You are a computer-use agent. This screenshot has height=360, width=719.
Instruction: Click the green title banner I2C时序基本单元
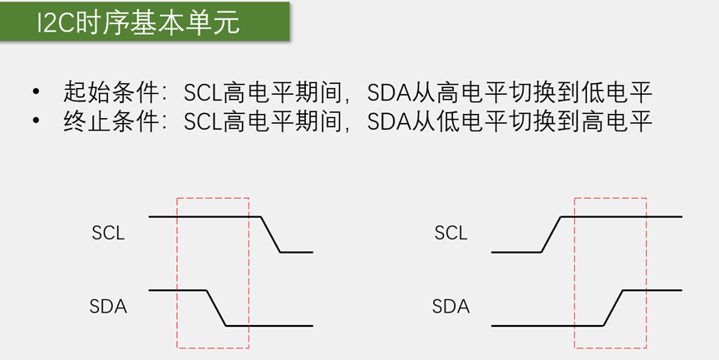pos(145,22)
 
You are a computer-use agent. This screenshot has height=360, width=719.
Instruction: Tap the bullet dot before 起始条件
pos(36,91)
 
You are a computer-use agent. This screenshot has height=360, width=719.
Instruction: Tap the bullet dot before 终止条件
pos(36,122)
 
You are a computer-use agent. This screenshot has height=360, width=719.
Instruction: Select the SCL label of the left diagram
pos(108,234)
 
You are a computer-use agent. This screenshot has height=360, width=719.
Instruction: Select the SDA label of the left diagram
pos(108,306)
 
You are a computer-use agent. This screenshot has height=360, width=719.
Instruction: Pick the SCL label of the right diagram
pos(451,234)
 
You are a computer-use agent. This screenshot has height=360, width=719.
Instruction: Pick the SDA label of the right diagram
pos(451,306)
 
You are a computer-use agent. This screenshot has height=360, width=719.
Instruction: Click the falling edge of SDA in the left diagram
pos(216,308)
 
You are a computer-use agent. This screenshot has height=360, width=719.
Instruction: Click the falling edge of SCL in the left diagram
pos(270,234)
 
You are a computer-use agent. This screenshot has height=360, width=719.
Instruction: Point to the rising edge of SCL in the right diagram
pos(551,234)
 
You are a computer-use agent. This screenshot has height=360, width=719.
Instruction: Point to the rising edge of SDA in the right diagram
pos(613,308)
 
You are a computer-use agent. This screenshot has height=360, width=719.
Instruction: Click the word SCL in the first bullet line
pos(203,91)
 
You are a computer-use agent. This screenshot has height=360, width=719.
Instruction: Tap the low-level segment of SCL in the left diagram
pos(296,251)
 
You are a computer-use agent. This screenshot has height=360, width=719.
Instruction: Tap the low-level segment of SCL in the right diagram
pos(515,251)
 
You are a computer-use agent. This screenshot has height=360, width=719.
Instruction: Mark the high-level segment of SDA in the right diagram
pos(653,290)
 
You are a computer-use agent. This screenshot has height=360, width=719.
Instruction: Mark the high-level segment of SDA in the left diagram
pos(177,290)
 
